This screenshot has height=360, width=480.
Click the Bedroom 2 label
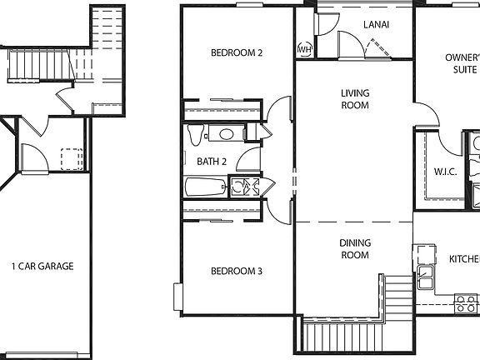tap(237, 52)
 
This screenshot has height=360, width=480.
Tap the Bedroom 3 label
tap(237, 271)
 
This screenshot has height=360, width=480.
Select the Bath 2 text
tap(212, 161)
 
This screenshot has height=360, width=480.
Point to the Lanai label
tap(376, 24)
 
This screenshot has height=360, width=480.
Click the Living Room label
tap(355, 98)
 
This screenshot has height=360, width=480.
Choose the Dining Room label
tap(354, 249)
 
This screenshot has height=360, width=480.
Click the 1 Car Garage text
tap(42, 267)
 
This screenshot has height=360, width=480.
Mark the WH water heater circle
tap(304, 50)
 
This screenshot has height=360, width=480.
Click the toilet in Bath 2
tap(196, 133)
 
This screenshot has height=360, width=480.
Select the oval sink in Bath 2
tap(226, 134)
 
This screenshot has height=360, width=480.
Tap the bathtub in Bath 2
tap(205, 187)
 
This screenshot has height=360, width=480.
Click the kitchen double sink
tap(425, 275)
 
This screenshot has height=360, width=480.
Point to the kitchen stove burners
tap(465, 302)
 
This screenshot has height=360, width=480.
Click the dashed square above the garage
tap(71, 158)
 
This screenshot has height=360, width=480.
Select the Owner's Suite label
tap(462, 63)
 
